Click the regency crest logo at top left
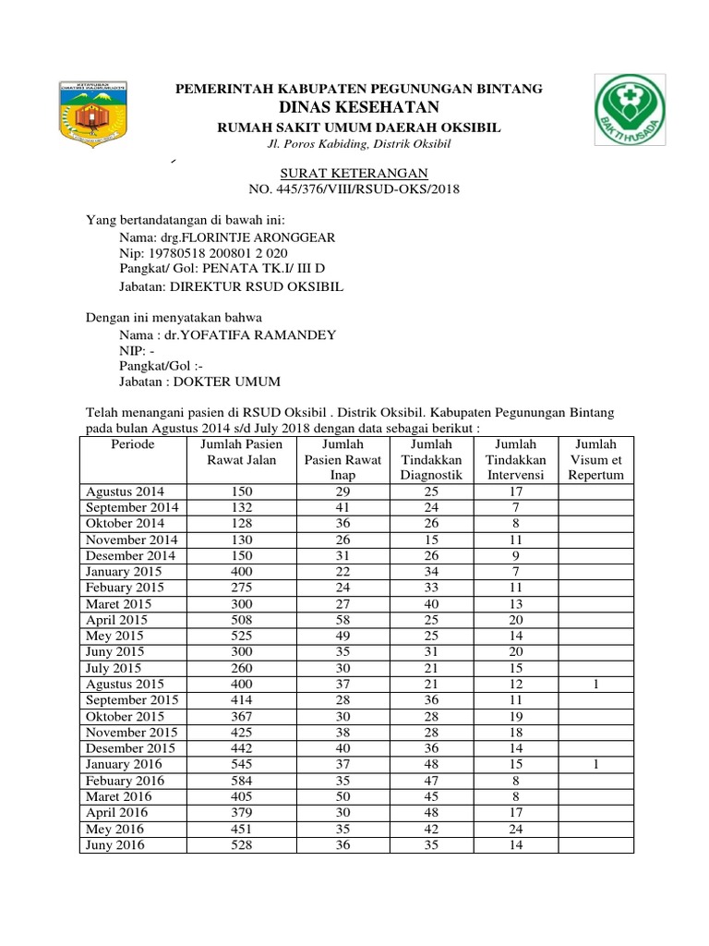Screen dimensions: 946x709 pos(91,113)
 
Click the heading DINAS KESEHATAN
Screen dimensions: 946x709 pos(359,108)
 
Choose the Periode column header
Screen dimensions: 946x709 pos(133,444)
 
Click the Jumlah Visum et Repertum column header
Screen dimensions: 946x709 pos(596,459)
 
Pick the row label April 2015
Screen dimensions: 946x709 pos(116,620)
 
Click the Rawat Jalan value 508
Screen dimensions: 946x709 pos(238,620)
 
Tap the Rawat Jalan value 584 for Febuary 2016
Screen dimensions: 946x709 pos(238,781)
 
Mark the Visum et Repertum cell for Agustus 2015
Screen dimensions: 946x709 pos(596,684)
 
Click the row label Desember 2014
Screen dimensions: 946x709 pos(129,555)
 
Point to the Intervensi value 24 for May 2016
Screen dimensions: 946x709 pos(517,829)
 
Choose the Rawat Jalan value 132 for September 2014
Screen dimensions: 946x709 pos(238,507)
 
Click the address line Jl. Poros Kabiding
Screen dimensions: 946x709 pos(359,144)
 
